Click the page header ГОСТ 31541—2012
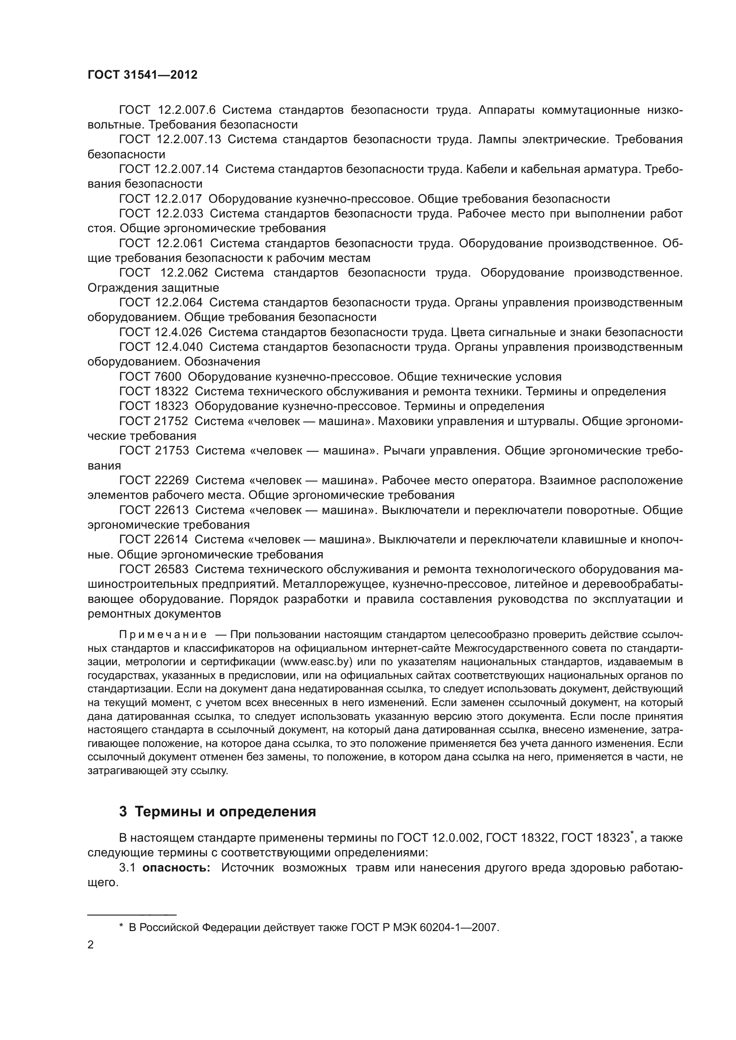pyautogui.click(x=142, y=75)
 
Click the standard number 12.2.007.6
pyautogui.click(x=187, y=110)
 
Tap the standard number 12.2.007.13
pyautogui.click(x=189, y=140)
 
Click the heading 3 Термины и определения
pyautogui.click(x=218, y=811)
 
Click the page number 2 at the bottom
pyautogui.click(x=91, y=945)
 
